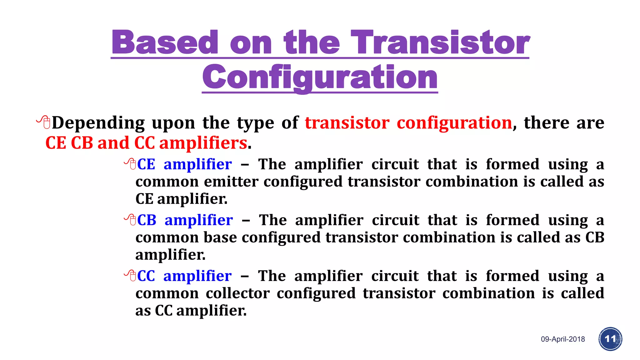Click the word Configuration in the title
coord(320,77)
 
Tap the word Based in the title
coord(165,42)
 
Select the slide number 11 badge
coord(610,339)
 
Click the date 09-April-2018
coord(563,339)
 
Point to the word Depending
coord(98,123)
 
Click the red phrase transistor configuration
coord(408,122)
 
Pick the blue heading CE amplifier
coord(184,164)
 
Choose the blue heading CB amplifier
coord(185,220)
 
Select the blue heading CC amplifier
coord(184,276)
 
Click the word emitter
coord(231,182)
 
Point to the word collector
coord(237,293)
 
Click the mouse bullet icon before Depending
coord(44,122)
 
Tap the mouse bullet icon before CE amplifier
coord(130,163)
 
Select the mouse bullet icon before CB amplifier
coord(130,219)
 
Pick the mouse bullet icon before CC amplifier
coord(130,275)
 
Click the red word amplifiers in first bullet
coord(203,143)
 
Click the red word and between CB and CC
coord(113,143)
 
